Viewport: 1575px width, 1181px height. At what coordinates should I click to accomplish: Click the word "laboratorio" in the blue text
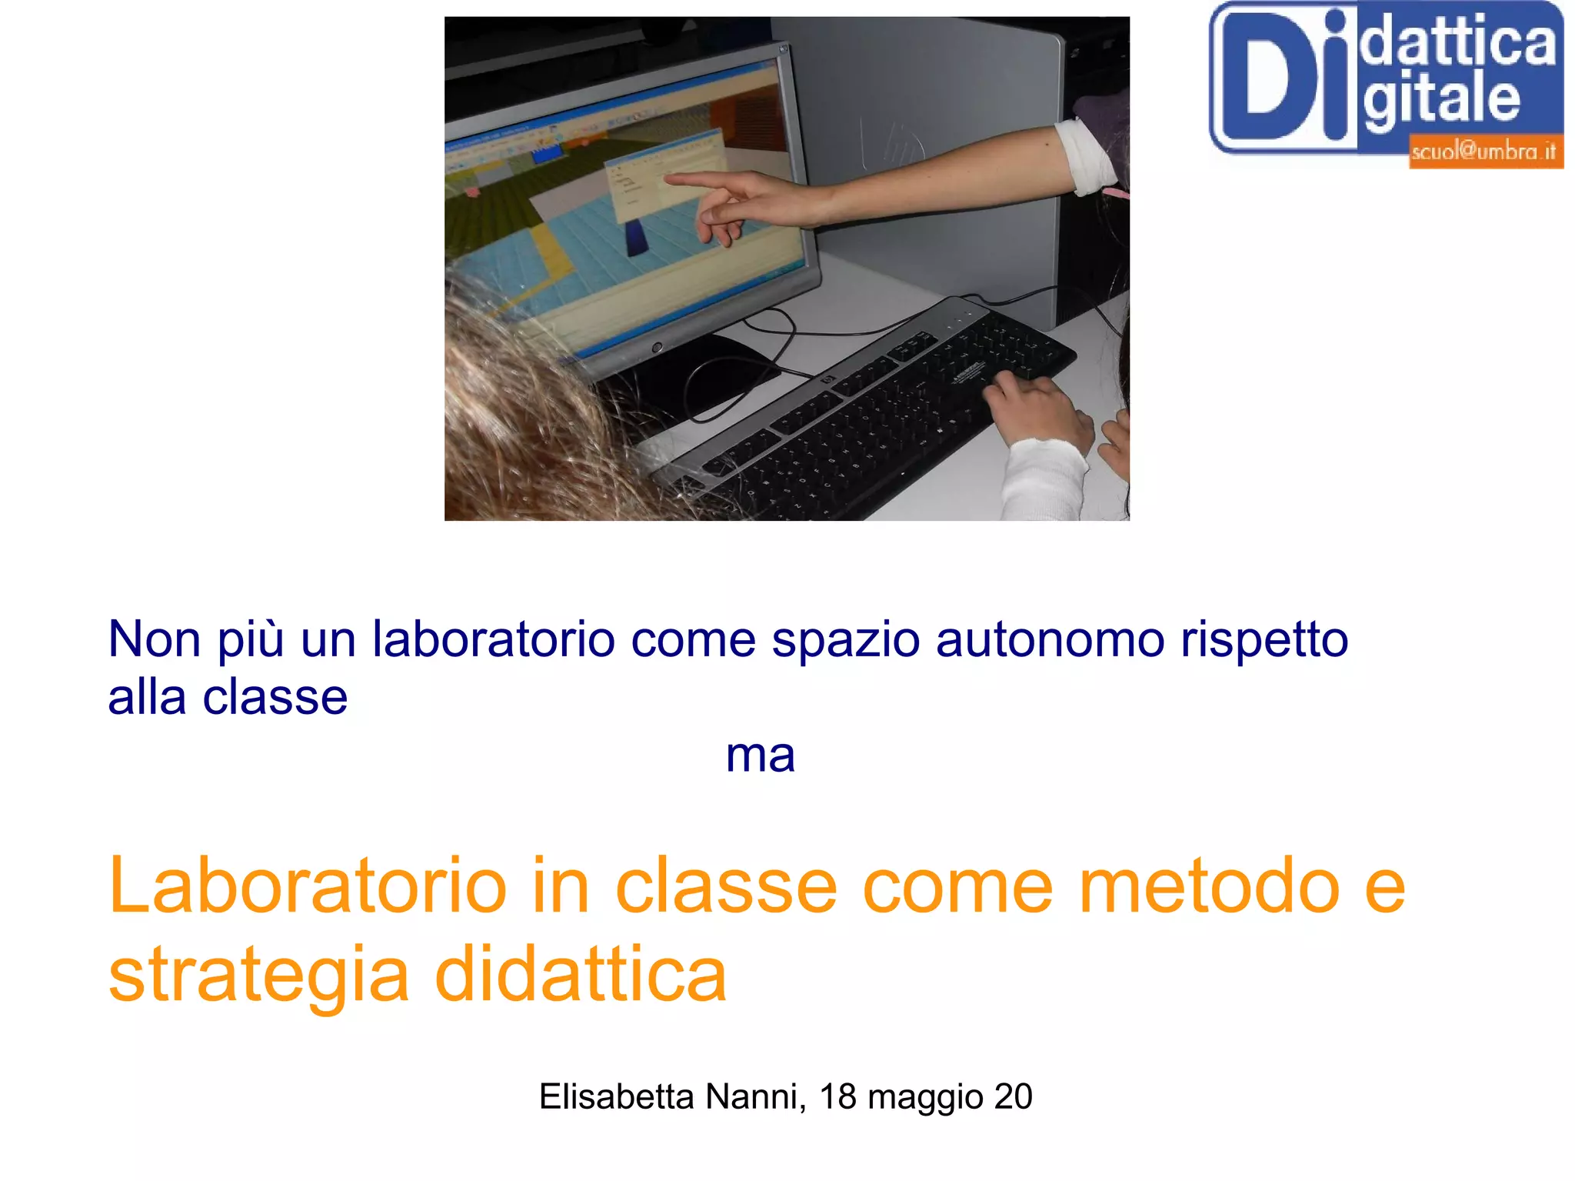(x=493, y=639)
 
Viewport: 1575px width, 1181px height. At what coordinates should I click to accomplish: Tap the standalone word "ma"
(x=760, y=756)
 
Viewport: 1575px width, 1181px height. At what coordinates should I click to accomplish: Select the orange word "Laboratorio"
(x=308, y=887)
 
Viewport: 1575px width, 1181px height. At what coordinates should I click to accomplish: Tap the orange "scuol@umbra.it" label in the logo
(x=1483, y=152)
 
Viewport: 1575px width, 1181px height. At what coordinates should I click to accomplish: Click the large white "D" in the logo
(x=1280, y=77)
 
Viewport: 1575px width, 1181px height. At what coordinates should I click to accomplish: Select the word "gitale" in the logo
(x=1442, y=100)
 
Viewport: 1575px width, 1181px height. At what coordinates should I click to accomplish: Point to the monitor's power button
(x=657, y=348)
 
